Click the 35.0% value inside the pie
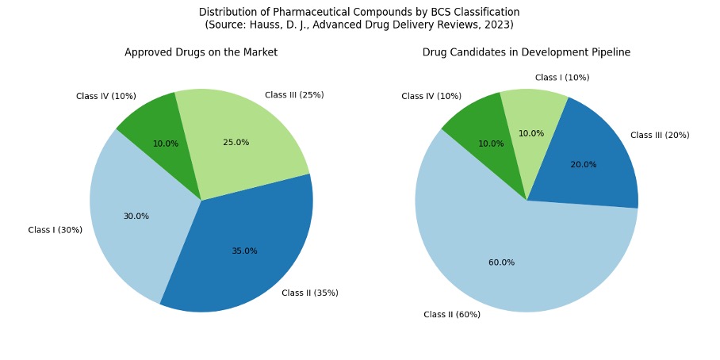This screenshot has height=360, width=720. tap(244, 251)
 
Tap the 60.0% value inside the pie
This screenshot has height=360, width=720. tap(501, 262)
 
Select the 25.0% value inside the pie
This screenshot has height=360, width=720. tap(236, 143)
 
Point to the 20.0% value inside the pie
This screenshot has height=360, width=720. tap(584, 165)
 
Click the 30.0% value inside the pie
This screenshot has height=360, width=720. tap(136, 216)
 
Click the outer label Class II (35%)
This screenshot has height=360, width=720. tap(309, 293)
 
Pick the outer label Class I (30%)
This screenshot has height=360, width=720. tap(55, 231)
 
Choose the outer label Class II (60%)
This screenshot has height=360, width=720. tap(451, 315)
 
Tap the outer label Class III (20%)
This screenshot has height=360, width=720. tap(660, 136)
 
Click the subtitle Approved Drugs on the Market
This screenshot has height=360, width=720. tap(201, 52)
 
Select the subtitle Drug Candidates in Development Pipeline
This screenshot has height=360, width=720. tap(526, 52)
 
